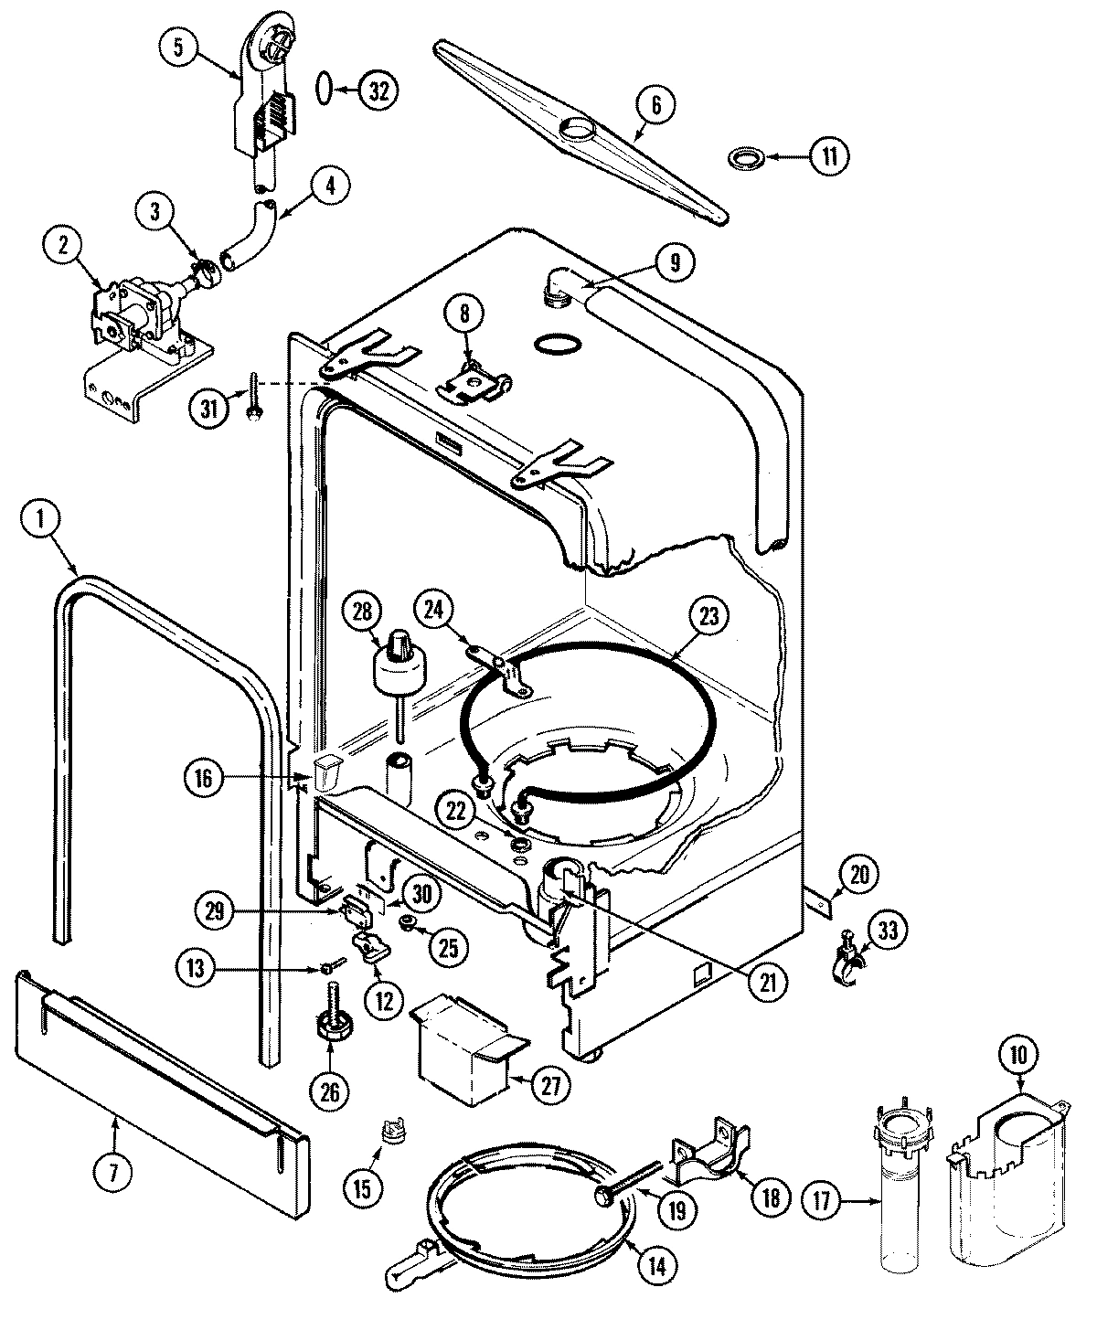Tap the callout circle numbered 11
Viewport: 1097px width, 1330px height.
(828, 156)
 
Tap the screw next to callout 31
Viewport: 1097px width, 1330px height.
(251, 400)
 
